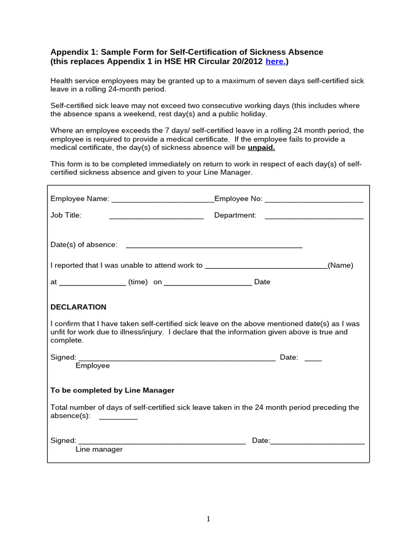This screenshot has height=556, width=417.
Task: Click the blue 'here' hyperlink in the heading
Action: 275,62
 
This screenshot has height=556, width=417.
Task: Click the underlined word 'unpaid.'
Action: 262,148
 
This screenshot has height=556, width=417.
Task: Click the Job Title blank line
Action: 156,216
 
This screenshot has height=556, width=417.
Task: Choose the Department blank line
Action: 314,216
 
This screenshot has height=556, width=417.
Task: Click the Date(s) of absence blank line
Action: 214,245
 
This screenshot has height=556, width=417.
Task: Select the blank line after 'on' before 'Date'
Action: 207,283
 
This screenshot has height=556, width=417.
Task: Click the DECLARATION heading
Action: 78,307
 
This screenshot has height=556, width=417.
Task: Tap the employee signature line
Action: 177,358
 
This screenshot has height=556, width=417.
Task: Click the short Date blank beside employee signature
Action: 313,358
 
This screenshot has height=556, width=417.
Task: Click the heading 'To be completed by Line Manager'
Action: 112,390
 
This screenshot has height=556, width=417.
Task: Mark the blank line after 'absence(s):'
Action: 118,417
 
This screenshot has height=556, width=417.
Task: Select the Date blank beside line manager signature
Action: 317,441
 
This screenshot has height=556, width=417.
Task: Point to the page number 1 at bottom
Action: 208,519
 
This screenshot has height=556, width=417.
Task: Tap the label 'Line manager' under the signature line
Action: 99,450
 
